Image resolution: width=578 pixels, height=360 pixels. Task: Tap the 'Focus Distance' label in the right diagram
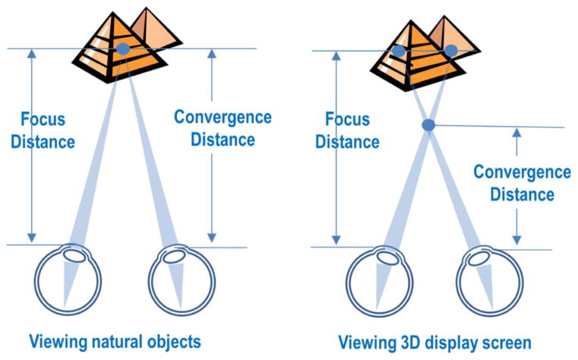[347, 131]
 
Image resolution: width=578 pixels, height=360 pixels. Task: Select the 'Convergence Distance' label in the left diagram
[223, 128]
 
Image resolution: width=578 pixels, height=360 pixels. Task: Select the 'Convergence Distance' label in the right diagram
[522, 183]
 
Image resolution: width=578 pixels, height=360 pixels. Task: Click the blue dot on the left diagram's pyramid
[123, 49]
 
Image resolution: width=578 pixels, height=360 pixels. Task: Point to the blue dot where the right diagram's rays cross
[428, 124]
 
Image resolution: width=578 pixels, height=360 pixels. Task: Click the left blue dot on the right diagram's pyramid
[399, 51]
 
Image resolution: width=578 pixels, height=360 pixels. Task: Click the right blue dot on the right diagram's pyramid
[451, 50]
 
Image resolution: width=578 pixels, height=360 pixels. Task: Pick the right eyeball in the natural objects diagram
[177, 279]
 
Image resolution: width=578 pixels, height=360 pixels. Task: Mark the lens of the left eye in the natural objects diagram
[74, 254]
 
